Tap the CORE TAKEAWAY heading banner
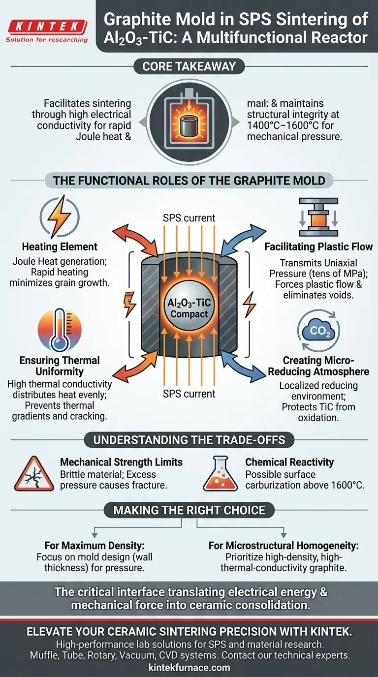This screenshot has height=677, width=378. click(x=189, y=66)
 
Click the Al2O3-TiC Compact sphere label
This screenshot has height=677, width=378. click(x=189, y=308)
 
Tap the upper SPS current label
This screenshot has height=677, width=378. click(x=189, y=218)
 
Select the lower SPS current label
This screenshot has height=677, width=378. click(x=189, y=394)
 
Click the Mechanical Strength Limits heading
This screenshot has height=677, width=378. click(x=121, y=462)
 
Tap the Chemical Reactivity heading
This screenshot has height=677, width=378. click(x=289, y=462)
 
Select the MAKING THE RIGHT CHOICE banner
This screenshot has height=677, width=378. click(x=189, y=510)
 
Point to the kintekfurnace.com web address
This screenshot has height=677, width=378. click(x=189, y=668)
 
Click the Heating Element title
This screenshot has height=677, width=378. click(x=60, y=246)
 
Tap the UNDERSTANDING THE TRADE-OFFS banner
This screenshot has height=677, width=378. click(x=189, y=439)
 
